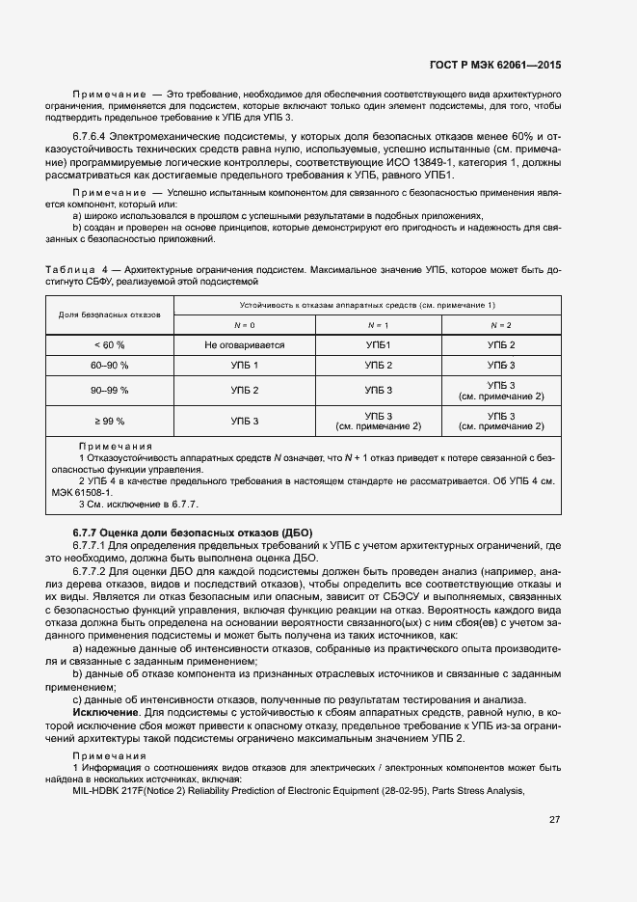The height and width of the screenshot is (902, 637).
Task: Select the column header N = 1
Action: [x=378, y=325]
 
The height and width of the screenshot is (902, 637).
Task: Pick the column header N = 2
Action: [x=501, y=325]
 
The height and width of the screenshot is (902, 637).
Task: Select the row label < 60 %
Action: [x=109, y=345]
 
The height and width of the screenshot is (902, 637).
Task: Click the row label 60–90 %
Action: [x=109, y=366]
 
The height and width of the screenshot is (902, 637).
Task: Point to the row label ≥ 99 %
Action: [x=109, y=421]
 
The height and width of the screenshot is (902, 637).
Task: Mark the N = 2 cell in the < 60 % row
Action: [x=501, y=345]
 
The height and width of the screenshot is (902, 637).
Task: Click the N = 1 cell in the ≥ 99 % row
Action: [x=378, y=421]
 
